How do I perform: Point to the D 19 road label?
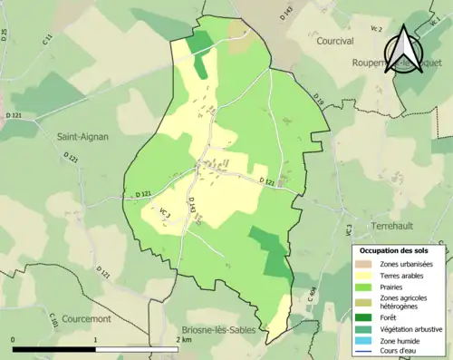318,98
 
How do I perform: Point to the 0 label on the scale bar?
14,339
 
